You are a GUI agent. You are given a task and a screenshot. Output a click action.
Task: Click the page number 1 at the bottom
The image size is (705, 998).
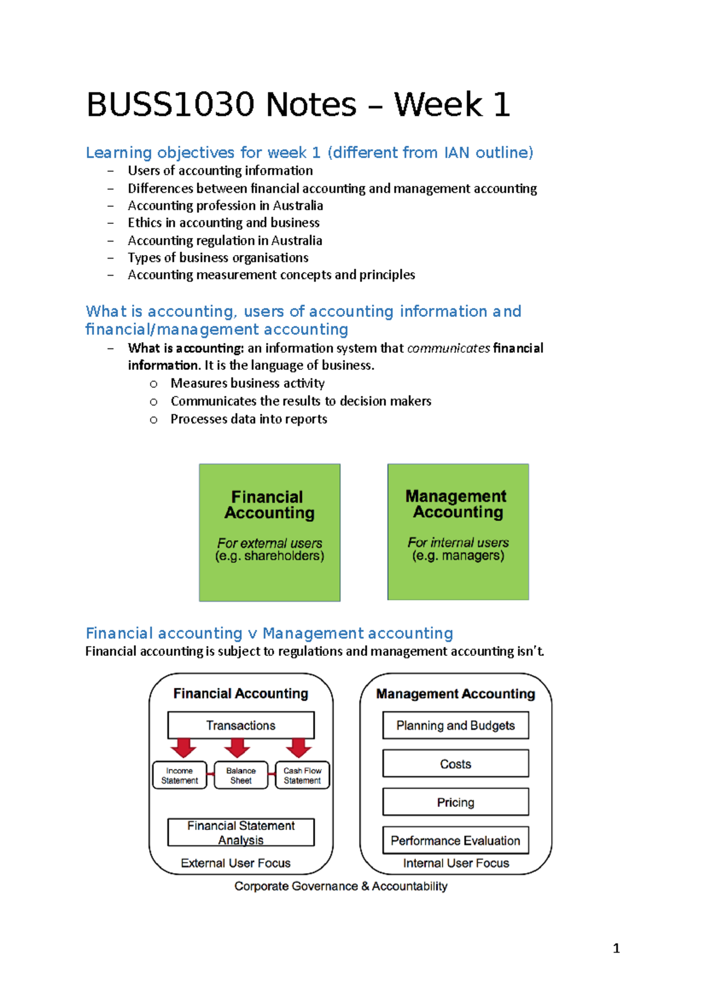[616, 948]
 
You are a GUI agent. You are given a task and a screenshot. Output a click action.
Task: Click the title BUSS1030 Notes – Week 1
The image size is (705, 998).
[298, 105]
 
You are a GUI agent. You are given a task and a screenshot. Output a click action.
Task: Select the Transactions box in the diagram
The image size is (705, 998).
[241, 725]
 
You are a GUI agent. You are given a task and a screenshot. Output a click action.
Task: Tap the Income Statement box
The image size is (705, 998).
[180, 775]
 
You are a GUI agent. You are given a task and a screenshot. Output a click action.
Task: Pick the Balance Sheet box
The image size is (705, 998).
[241, 775]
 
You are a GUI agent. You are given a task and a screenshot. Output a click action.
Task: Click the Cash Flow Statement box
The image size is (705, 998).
[302, 775]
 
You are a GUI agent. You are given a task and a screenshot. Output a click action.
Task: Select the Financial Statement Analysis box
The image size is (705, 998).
[241, 832]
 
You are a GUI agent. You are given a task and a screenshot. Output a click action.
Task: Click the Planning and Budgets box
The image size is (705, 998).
[455, 725]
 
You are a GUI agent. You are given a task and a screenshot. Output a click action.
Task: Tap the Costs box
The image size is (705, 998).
[455, 763]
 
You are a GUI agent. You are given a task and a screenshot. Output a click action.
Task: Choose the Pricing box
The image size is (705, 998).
[455, 802]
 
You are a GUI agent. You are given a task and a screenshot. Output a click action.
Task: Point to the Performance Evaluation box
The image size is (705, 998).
[455, 840]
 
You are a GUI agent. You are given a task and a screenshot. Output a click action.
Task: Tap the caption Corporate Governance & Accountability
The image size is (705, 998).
[341, 886]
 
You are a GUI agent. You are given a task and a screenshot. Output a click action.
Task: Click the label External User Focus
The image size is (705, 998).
[236, 863]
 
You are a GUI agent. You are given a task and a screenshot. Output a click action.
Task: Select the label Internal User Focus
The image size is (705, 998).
[456, 863]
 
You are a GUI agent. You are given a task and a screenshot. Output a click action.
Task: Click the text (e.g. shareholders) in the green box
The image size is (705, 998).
[270, 556]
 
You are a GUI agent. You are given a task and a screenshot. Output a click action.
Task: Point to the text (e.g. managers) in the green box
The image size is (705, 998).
[458, 555]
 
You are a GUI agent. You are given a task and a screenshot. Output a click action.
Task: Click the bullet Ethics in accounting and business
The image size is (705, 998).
[223, 223]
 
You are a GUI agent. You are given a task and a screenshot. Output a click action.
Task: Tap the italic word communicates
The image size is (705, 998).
[448, 348]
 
